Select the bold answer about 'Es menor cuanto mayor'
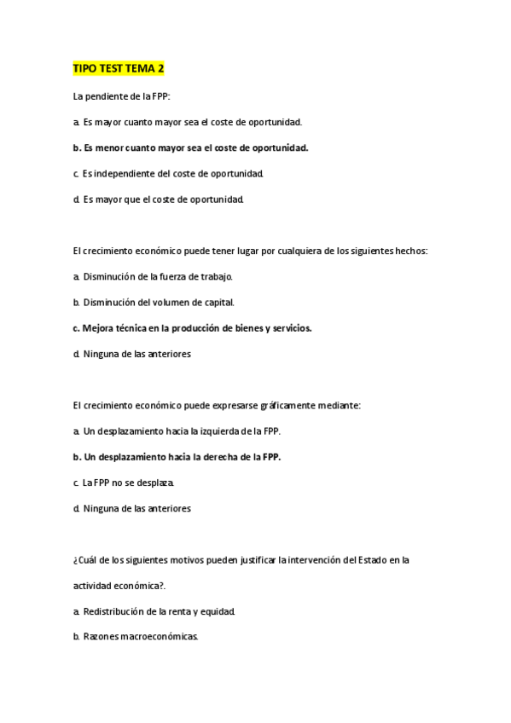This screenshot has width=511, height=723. [x=190, y=147]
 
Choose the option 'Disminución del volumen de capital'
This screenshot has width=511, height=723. [x=154, y=302]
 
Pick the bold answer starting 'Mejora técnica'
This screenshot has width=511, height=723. [x=192, y=327]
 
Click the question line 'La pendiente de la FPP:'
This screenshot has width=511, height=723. [x=122, y=96]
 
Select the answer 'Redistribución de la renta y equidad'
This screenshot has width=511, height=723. [x=154, y=611]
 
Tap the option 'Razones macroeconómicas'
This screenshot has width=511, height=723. [x=136, y=637]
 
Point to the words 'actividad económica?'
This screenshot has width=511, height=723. [x=118, y=586]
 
